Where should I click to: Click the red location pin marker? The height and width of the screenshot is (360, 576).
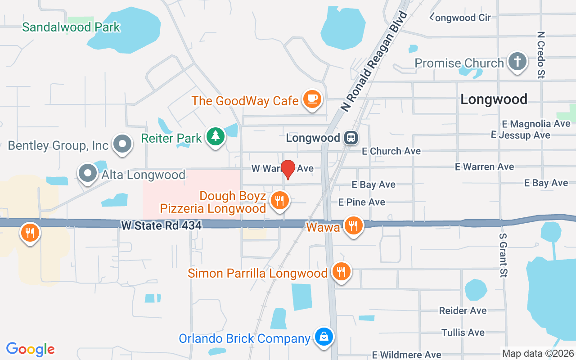288,169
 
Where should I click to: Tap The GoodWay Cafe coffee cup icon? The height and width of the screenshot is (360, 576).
312,99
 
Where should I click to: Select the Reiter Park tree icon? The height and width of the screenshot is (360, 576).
216,136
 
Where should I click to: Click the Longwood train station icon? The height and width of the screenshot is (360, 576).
351,138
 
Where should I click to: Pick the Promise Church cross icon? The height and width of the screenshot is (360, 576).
517,62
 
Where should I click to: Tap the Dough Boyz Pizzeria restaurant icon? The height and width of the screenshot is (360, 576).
280,201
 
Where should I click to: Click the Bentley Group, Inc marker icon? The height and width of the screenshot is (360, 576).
122,144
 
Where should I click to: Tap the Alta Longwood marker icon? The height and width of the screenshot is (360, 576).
88,173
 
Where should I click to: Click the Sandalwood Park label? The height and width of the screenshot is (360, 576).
71,27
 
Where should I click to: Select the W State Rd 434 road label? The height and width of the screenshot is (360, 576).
161,225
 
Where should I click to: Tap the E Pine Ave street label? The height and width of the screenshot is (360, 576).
362,202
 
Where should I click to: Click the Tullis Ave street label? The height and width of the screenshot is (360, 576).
463,333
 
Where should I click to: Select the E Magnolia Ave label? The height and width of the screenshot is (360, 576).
536,124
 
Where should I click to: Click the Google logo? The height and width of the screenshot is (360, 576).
30,349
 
